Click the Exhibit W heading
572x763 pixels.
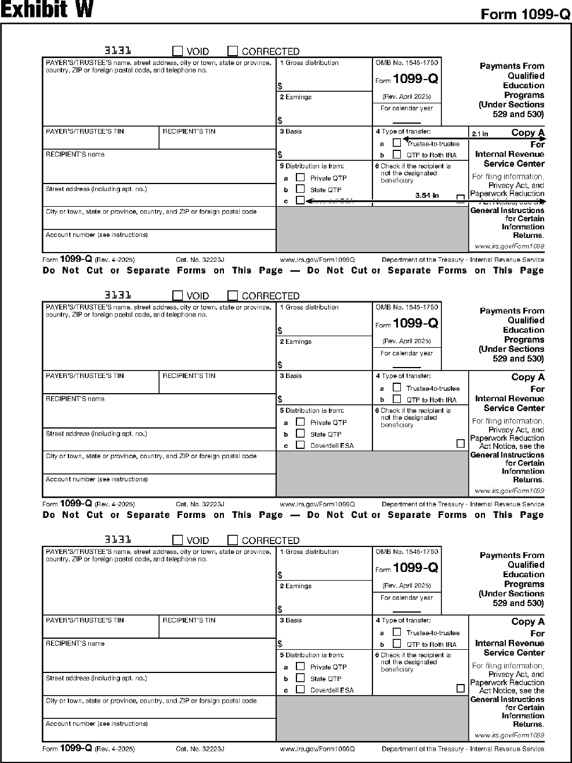tap(46, 10)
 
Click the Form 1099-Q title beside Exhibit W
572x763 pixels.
tap(526, 15)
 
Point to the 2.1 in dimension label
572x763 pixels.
tap(480, 134)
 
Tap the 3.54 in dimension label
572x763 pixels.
tap(427, 196)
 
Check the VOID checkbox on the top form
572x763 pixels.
tap(178, 51)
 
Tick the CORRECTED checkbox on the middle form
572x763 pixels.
tap(233, 296)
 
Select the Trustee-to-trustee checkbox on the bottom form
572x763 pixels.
tap(397, 632)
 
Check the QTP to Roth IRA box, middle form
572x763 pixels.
tap(397, 399)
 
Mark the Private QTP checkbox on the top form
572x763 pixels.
tap(300, 178)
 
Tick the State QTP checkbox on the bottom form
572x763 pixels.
tap(300, 678)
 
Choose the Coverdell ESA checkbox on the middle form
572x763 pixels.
tap(300, 445)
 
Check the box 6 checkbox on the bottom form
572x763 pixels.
tap(461, 688)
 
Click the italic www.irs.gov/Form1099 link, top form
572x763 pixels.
tap(509, 246)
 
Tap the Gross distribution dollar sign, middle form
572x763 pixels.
tap(280, 331)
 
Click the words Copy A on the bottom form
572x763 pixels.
tap(527, 621)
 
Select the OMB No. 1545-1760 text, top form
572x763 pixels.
tap(407, 63)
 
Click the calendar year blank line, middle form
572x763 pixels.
tap(407, 366)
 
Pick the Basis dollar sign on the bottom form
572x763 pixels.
tap(280, 644)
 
